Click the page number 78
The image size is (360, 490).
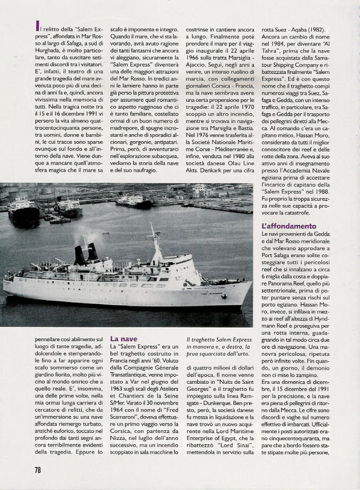coord(38,469)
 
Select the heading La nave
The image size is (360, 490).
coord(123,338)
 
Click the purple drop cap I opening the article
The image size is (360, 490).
coord(37,25)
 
